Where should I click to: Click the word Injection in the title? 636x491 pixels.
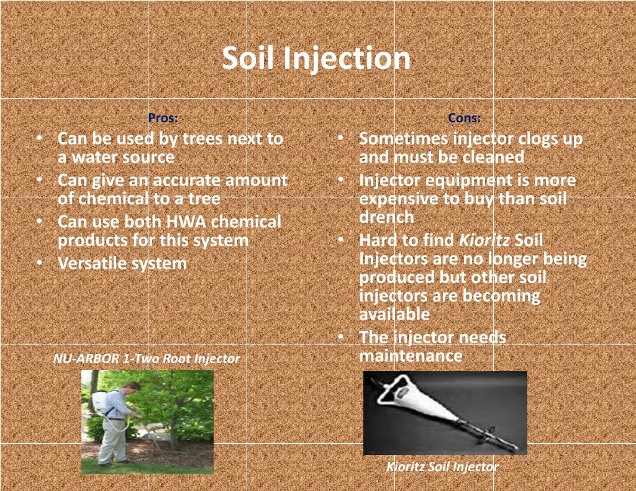pyautogui.click(x=347, y=58)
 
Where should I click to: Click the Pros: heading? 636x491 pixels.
pyautogui.click(x=163, y=118)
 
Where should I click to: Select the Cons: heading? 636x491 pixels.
pyautogui.click(x=464, y=118)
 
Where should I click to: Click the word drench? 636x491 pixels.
pyautogui.click(x=386, y=217)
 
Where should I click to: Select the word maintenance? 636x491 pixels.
pyautogui.click(x=410, y=356)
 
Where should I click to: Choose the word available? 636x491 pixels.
pyautogui.click(x=394, y=314)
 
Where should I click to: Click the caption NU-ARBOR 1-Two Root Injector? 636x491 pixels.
pyautogui.click(x=147, y=359)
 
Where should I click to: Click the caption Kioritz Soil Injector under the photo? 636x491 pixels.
pyautogui.click(x=442, y=467)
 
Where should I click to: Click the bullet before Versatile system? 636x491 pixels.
pyautogui.click(x=39, y=263)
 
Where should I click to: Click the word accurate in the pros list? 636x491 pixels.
pyautogui.click(x=186, y=181)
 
